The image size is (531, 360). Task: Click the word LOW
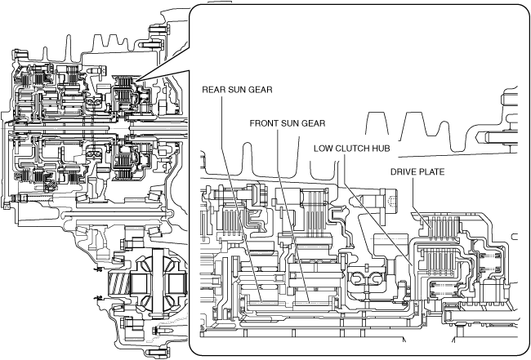324,150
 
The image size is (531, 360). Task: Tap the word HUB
388,150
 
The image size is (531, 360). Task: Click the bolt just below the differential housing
153,330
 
